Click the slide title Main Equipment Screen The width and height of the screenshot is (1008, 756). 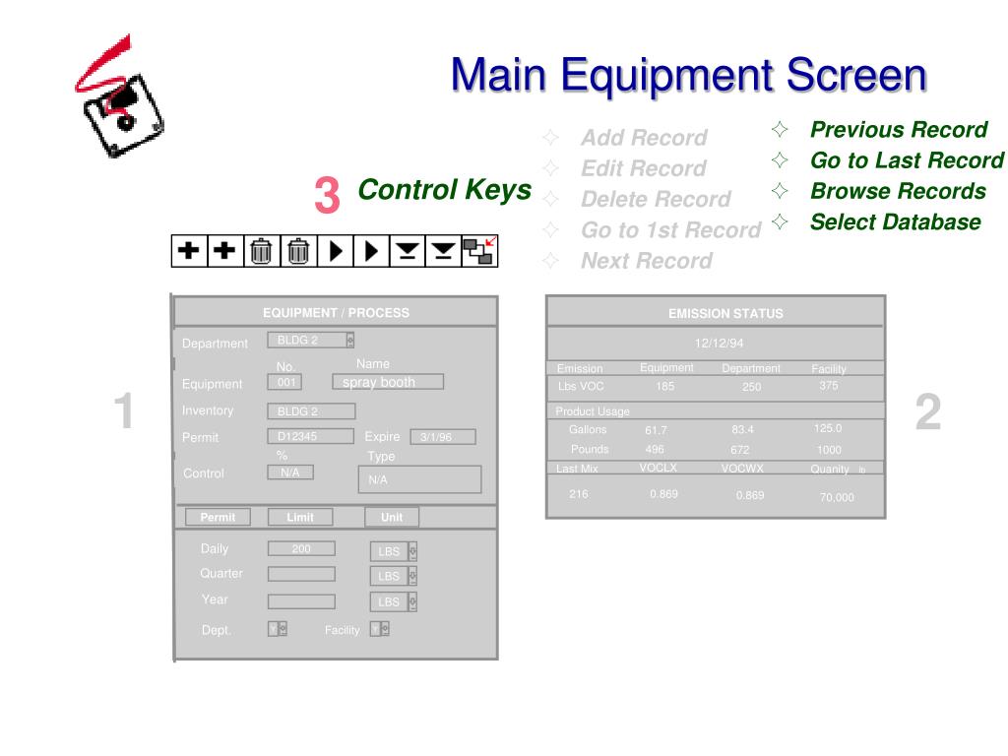[x=689, y=76]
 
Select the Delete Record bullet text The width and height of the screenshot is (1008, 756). [x=656, y=200]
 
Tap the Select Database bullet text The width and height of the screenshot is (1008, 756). [x=895, y=222]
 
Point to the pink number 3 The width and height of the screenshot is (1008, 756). [x=327, y=195]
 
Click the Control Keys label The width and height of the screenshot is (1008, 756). [x=444, y=190]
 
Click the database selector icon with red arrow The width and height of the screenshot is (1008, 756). [x=479, y=251]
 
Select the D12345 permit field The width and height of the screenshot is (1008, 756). [x=310, y=436]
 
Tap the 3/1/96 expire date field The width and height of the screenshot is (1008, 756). [x=442, y=437]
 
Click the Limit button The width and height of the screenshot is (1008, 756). [x=300, y=517]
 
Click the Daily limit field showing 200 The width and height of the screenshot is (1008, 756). [x=301, y=549]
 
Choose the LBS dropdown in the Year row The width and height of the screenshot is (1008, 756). [x=394, y=601]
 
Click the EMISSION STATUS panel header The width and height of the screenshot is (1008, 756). [x=725, y=314]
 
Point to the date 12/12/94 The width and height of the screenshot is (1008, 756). [x=719, y=344]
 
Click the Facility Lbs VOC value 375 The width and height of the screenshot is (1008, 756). [x=829, y=386]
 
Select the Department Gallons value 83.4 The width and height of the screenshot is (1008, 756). [x=743, y=429]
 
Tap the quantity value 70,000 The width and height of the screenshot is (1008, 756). [x=837, y=497]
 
